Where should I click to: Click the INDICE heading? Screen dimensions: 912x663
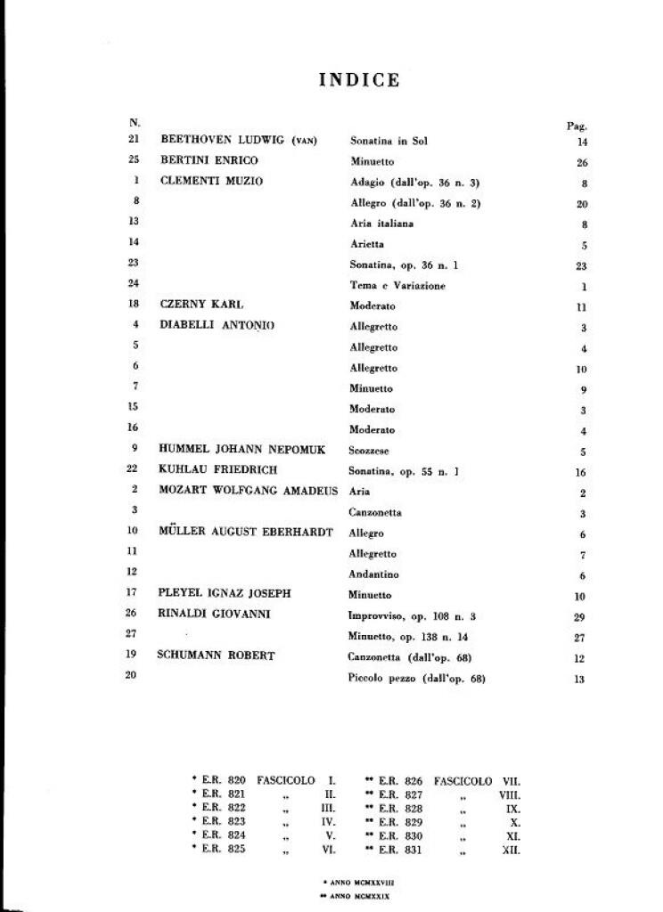click(359, 80)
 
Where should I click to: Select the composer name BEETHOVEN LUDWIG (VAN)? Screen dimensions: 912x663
click(239, 140)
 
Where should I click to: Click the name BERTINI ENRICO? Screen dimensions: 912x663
click(209, 160)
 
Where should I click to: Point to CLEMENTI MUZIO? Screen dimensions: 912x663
click(212, 181)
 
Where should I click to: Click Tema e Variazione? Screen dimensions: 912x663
click(397, 285)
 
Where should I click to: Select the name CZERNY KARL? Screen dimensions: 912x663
click(201, 305)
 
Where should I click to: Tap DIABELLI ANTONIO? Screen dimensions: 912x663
click(217, 326)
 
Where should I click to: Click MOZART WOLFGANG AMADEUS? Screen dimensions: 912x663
click(249, 491)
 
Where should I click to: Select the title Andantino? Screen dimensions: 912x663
click(374, 574)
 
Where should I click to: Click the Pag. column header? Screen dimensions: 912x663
click(577, 126)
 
